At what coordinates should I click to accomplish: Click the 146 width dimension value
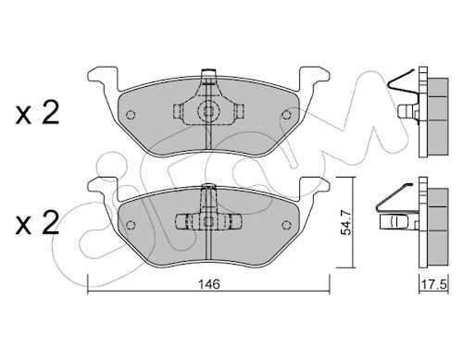[209, 284]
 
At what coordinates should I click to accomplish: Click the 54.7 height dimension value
[346, 222]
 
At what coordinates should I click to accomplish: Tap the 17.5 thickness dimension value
[434, 284]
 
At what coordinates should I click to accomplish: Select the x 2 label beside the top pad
[37, 113]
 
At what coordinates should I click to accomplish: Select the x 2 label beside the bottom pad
[37, 223]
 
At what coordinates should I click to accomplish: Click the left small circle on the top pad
[131, 115]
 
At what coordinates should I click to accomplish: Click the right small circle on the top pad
[287, 115]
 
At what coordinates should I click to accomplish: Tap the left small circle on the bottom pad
[131, 225]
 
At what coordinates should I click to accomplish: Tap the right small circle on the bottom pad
[287, 225]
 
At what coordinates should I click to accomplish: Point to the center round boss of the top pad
[208, 111]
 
